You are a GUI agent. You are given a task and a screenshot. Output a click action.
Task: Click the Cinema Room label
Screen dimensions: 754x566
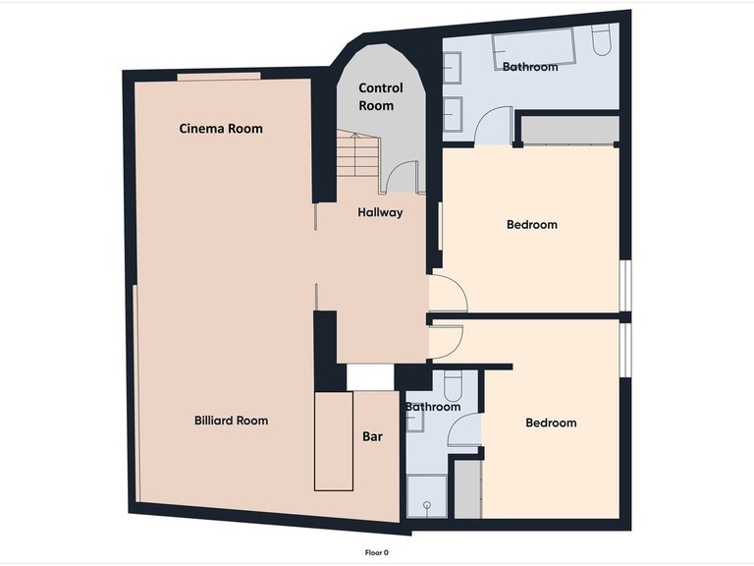point(221,129)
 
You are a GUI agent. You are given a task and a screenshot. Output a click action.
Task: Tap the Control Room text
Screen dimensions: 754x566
point(380,96)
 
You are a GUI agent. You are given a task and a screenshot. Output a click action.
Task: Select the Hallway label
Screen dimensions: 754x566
point(380,212)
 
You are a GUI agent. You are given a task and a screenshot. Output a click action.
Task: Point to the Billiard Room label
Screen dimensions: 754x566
point(232,421)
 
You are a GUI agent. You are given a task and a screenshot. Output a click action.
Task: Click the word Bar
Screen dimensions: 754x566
point(372,436)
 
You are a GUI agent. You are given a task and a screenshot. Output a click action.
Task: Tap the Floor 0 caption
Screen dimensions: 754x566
point(377,552)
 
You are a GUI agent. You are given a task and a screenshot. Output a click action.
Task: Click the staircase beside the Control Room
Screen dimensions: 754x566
point(357,153)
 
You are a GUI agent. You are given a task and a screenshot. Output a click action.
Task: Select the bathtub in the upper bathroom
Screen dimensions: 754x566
point(534,49)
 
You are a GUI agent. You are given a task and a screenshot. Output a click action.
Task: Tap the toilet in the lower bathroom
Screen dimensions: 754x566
point(453,385)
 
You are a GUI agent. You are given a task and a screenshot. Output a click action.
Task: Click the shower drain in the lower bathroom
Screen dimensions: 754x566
point(427,505)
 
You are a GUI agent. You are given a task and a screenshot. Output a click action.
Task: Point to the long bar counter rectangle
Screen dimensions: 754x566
point(334,441)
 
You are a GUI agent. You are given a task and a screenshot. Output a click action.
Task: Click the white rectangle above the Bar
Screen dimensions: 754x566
point(370,377)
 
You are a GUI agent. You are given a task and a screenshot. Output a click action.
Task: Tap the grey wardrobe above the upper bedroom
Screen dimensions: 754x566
point(569,129)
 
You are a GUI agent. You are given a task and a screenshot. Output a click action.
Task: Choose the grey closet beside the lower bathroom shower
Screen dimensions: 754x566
point(468,489)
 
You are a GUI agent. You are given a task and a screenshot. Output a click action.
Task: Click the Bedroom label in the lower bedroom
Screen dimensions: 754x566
point(551,424)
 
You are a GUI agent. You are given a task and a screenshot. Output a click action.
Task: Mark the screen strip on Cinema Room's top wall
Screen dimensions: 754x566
point(219,76)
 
